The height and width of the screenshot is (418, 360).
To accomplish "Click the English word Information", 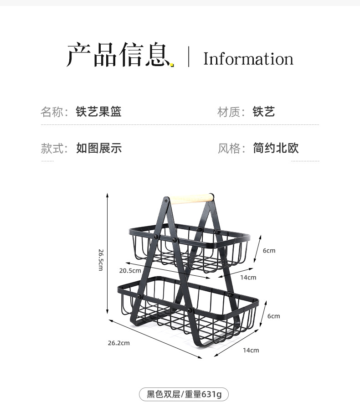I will pos(248,59).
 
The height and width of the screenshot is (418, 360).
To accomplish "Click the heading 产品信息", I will pos(117,56).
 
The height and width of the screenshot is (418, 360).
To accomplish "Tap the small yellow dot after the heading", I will pos(172,65).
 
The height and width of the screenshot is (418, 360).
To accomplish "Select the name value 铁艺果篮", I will pos(99,112).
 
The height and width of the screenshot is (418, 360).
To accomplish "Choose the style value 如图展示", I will pos(99,148).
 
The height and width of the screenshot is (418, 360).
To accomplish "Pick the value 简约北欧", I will pos(276,148).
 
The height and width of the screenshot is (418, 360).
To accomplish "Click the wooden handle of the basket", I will pos(191,199).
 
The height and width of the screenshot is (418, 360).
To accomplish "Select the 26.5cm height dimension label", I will pos(101,259).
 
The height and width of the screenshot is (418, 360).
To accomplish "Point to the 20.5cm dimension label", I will pos(130,270).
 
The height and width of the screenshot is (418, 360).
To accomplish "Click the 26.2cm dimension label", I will pos(118,343).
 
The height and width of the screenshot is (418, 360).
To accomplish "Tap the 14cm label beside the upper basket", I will pos(248,277).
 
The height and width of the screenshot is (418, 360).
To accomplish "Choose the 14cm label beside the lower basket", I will pos(251,350).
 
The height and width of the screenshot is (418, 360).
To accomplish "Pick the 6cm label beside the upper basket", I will pos(269,251).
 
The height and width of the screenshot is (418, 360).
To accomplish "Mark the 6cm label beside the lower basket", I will pos(273,316).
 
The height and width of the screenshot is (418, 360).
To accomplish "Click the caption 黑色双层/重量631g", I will pos(184,394).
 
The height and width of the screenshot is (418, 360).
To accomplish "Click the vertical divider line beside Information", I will pos(189,57).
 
